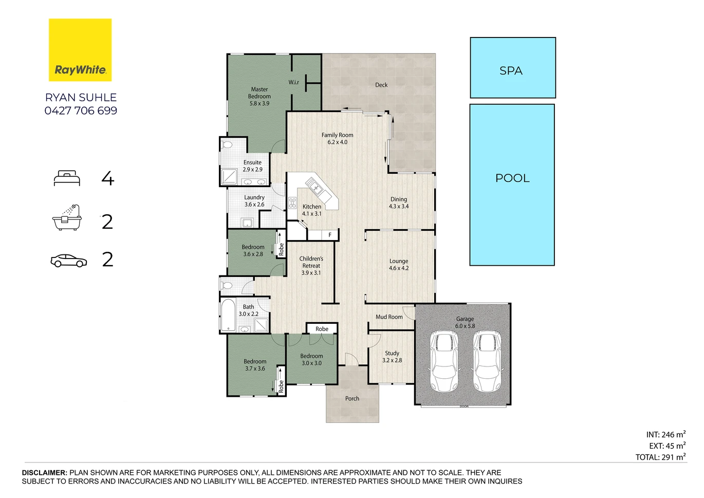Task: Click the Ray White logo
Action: point(80,50)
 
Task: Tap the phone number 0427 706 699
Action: point(81,110)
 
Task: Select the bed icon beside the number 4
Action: point(67,178)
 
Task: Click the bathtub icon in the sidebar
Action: point(67,217)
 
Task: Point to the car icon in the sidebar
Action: point(69,261)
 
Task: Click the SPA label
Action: point(511,71)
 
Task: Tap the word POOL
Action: point(512,178)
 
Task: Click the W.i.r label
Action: point(294,82)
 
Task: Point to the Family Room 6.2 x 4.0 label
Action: point(337,138)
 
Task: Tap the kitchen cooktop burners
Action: point(292,203)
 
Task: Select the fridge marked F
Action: point(330,235)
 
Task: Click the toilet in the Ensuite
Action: point(227,145)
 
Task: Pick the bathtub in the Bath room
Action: point(228,315)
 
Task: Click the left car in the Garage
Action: point(444,361)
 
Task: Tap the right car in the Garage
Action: point(487,361)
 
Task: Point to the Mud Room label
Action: point(389,317)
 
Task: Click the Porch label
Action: point(352,398)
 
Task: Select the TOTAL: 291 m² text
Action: point(661,457)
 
